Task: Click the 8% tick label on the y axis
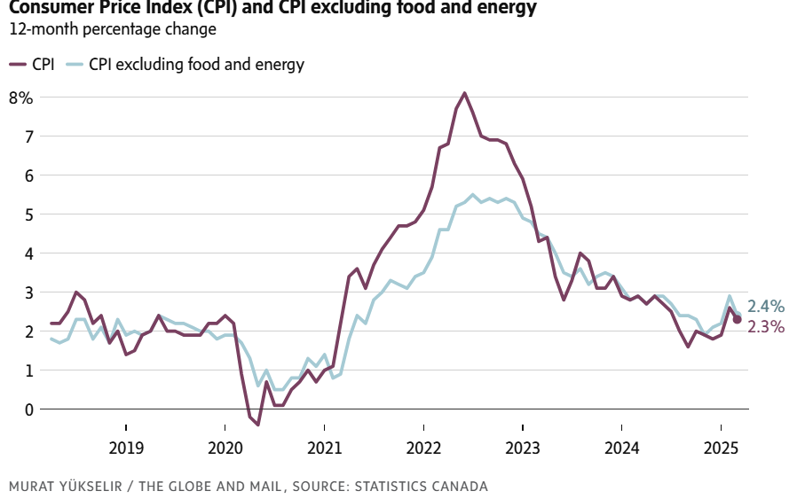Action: point(20,97)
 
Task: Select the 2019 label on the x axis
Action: point(126,447)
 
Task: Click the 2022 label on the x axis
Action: point(423,447)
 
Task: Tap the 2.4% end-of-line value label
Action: point(766,307)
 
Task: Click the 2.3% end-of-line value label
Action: point(766,327)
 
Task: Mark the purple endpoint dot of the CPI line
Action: point(737,319)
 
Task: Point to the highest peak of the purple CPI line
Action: point(465,93)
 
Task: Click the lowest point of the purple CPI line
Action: point(258,425)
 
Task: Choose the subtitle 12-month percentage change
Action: point(112,29)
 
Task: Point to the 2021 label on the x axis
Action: point(324,447)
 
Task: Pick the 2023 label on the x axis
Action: point(523,447)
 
